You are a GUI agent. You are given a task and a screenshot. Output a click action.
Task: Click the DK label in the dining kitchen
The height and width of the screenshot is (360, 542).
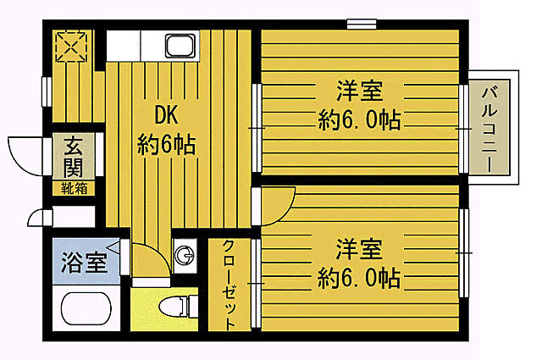[x=166, y=115]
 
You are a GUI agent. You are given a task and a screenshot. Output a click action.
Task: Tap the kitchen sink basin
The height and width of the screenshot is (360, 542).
[x=180, y=45]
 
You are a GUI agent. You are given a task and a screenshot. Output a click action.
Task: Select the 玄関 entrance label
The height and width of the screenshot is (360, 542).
[x=74, y=157]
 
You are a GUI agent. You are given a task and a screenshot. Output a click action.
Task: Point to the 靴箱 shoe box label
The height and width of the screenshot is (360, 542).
[x=74, y=189]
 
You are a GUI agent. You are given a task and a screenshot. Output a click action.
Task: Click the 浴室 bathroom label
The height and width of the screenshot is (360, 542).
[x=84, y=262]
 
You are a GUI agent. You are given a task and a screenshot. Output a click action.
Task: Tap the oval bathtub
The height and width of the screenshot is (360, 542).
[x=86, y=308]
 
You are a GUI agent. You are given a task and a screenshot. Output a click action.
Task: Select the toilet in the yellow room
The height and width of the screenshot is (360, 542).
[x=179, y=306]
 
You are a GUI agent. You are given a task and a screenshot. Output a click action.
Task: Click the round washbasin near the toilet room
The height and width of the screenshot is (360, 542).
[x=185, y=256]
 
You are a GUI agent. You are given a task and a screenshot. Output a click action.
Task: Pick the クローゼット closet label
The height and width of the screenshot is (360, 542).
[x=229, y=285]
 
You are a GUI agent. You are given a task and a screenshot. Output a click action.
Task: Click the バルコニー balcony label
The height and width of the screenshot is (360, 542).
[x=489, y=130]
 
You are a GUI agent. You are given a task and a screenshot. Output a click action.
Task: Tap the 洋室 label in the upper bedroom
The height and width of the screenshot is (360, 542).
[x=359, y=91]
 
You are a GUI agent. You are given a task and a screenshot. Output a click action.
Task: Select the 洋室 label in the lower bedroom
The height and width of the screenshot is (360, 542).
[x=359, y=249]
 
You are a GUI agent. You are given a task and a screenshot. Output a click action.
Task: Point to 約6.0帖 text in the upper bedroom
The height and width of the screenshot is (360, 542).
[x=359, y=119]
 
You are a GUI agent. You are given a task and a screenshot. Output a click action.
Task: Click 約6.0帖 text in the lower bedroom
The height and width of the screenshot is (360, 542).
[x=359, y=278]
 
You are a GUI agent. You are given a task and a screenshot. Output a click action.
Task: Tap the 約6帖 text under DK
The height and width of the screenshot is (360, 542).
[x=166, y=144]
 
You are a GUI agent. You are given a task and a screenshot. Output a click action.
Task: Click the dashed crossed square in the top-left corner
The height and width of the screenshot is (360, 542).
[x=71, y=47]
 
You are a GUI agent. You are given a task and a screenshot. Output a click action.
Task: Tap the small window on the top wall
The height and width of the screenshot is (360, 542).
[x=362, y=24]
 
